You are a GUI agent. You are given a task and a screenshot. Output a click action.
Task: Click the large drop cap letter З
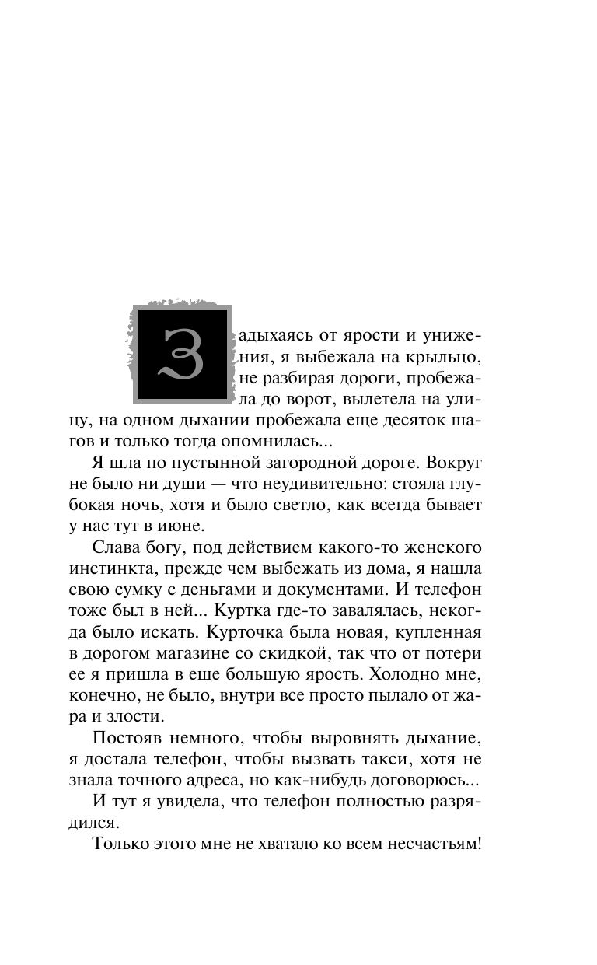point(183,354)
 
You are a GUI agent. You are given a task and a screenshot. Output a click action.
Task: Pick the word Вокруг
point(455,463)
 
